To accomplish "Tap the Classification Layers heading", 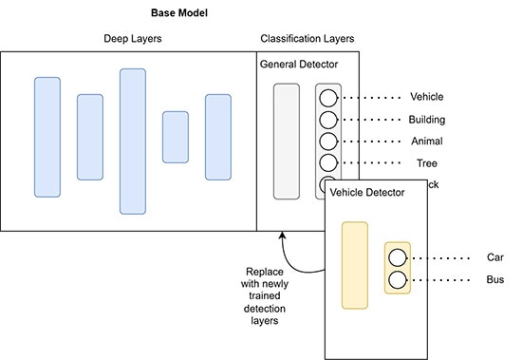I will click(308, 40).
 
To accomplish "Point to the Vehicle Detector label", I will click(366, 192).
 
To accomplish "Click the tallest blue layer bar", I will click(132, 141).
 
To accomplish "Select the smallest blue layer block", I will click(175, 137).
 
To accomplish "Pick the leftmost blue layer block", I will click(47, 137).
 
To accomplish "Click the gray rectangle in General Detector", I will click(286, 141).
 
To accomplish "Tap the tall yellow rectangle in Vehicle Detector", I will click(354, 265).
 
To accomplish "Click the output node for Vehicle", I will click(327, 98).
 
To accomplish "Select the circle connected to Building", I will click(327, 120).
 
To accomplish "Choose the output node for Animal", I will click(327, 142).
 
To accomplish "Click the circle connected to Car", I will click(398, 258).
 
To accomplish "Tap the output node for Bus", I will click(398, 279).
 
